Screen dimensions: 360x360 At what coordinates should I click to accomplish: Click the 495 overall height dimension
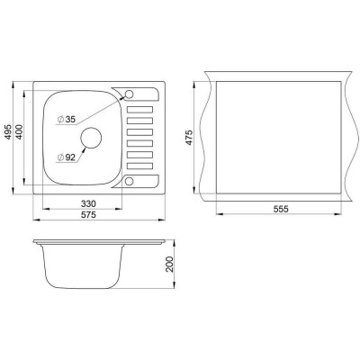click(x=8, y=131)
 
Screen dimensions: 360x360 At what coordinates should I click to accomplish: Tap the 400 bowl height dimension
click(x=19, y=131)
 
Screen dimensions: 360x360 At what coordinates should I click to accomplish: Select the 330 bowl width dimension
click(x=88, y=204)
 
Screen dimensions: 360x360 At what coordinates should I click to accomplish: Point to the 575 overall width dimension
click(x=88, y=215)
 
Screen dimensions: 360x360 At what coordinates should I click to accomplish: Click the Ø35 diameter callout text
click(x=67, y=120)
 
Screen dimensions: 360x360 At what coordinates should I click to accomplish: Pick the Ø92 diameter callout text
click(x=67, y=157)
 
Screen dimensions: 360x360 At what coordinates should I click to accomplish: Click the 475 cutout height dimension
click(x=189, y=138)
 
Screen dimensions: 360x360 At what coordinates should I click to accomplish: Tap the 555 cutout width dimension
click(x=281, y=209)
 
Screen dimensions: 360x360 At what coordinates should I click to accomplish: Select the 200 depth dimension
click(x=170, y=264)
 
